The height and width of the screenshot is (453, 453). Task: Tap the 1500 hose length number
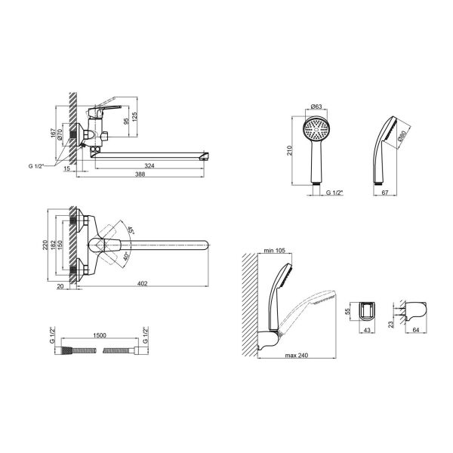[99, 334]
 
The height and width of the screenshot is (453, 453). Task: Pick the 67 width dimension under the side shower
[386, 194]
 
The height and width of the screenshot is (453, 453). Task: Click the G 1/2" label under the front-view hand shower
[334, 194]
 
